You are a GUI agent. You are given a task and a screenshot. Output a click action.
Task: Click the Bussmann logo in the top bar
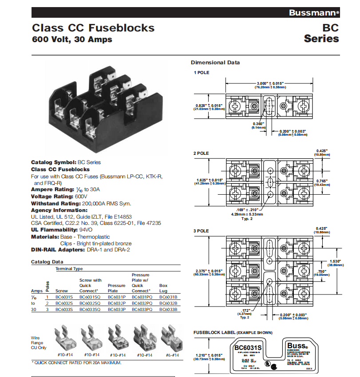313,12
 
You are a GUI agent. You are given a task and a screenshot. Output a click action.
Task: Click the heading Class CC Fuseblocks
93,28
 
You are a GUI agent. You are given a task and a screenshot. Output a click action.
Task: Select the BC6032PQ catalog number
142,303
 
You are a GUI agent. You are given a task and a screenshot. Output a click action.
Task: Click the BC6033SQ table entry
90,309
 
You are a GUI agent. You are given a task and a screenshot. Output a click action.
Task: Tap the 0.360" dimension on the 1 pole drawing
258,124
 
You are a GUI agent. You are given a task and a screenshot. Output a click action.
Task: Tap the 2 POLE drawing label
201,153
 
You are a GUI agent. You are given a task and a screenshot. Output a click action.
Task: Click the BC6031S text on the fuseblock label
247,348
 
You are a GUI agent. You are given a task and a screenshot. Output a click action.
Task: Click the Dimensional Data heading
215,63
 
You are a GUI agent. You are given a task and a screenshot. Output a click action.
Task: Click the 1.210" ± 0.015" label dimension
209,356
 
